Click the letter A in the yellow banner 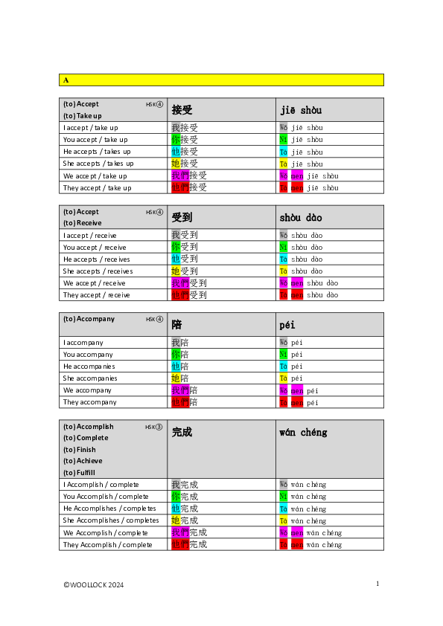(x=66, y=80)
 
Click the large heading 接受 (x=182, y=110)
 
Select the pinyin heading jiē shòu (x=301, y=110)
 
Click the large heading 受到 (x=182, y=217)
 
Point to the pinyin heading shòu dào (x=301, y=217)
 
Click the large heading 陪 (x=176, y=325)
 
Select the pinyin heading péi (x=287, y=325)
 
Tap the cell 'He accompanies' (x=89, y=367)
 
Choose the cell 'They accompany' (x=90, y=402)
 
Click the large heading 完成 (x=182, y=432)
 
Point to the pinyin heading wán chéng (x=303, y=432)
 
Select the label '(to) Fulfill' (x=79, y=473)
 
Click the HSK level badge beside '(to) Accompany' (x=154, y=319)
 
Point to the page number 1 (x=377, y=584)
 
